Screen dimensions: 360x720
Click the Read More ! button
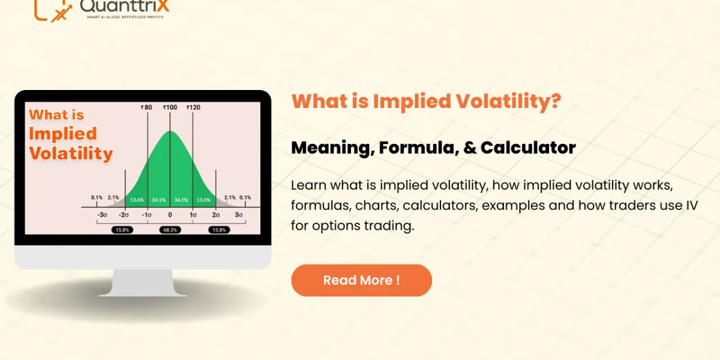click(x=361, y=280)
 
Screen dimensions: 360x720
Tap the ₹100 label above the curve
click(x=170, y=107)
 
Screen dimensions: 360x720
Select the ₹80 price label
click(x=146, y=107)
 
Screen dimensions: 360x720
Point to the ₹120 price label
click(x=193, y=107)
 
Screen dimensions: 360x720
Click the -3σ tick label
click(x=103, y=215)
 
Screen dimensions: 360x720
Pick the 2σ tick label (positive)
click(x=215, y=215)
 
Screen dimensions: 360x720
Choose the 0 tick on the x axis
click(x=170, y=215)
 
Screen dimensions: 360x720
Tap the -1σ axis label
click(x=147, y=215)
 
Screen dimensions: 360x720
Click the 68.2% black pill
click(x=170, y=230)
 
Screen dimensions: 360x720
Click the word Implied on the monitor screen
click(x=62, y=134)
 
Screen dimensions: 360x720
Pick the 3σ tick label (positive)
click(x=238, y=215)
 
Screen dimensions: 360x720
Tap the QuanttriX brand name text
click(x=125, y=6)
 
